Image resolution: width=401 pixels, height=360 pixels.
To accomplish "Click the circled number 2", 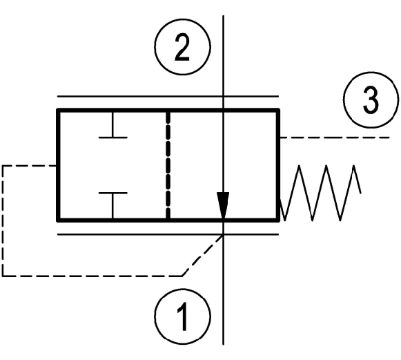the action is (182, 46).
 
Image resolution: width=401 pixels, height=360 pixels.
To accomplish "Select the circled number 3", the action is (371, 100).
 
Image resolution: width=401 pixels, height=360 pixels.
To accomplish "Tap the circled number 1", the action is (182, 316).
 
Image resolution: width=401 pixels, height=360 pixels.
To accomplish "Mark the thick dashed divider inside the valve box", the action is (168, 165).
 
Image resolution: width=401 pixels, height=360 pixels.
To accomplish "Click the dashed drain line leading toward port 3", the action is (335, 138).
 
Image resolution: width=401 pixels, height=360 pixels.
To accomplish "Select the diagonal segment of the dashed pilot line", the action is (202, 255).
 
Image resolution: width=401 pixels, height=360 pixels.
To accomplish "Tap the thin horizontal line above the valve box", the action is (168, 97).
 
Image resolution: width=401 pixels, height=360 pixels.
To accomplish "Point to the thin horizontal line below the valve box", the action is (168, 234).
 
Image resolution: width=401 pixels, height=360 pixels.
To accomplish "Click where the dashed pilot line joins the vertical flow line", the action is (223, 235).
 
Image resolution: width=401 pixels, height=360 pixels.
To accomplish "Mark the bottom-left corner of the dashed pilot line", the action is (3, 276).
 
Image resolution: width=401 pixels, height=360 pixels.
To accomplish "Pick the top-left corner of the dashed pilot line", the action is (3, 166).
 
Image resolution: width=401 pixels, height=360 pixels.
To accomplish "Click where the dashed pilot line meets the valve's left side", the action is (57, 166).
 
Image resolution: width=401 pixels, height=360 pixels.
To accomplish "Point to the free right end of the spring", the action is (360, 193).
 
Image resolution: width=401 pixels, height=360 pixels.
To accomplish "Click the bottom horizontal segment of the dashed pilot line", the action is (92, 276).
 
